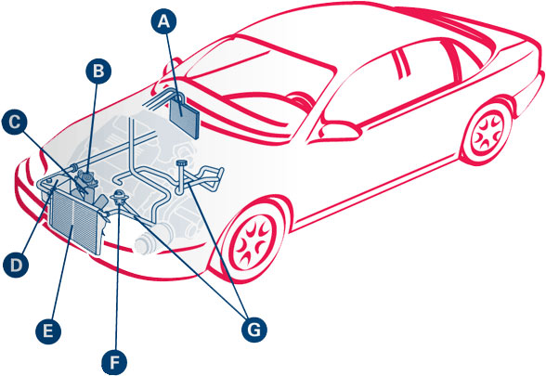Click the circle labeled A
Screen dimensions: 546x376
(x=163, y=21)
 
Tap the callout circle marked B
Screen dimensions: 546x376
(x=98, y=71)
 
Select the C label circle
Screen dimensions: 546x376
(x=14, y=123)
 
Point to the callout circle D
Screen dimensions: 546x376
(x=16, y=265)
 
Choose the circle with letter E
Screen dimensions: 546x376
(x=48, y=331)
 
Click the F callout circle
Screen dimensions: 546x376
(x=114, y=362)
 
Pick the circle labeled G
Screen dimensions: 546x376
(x=254, y=330)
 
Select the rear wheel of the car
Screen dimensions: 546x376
(x=487, y=132)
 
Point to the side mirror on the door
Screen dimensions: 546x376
(x=341, y=130)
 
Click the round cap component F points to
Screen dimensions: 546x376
(x=119, y=196)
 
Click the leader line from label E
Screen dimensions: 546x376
(x=61, y=273)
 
